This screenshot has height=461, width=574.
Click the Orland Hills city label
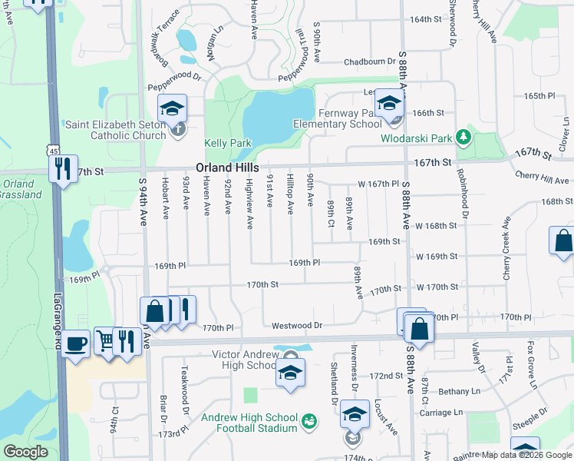pos(227,167)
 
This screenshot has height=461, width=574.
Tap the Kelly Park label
pos(228,143)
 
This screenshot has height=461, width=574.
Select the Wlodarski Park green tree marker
pos(463,138)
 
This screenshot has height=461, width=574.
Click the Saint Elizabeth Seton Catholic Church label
pos(116,130)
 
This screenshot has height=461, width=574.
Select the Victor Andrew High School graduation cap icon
pos(290,373)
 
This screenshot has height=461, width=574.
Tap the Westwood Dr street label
pos(297,326)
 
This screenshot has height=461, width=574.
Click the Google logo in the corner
pos(25,451)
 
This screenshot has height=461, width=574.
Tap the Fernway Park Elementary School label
pos(337,119)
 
